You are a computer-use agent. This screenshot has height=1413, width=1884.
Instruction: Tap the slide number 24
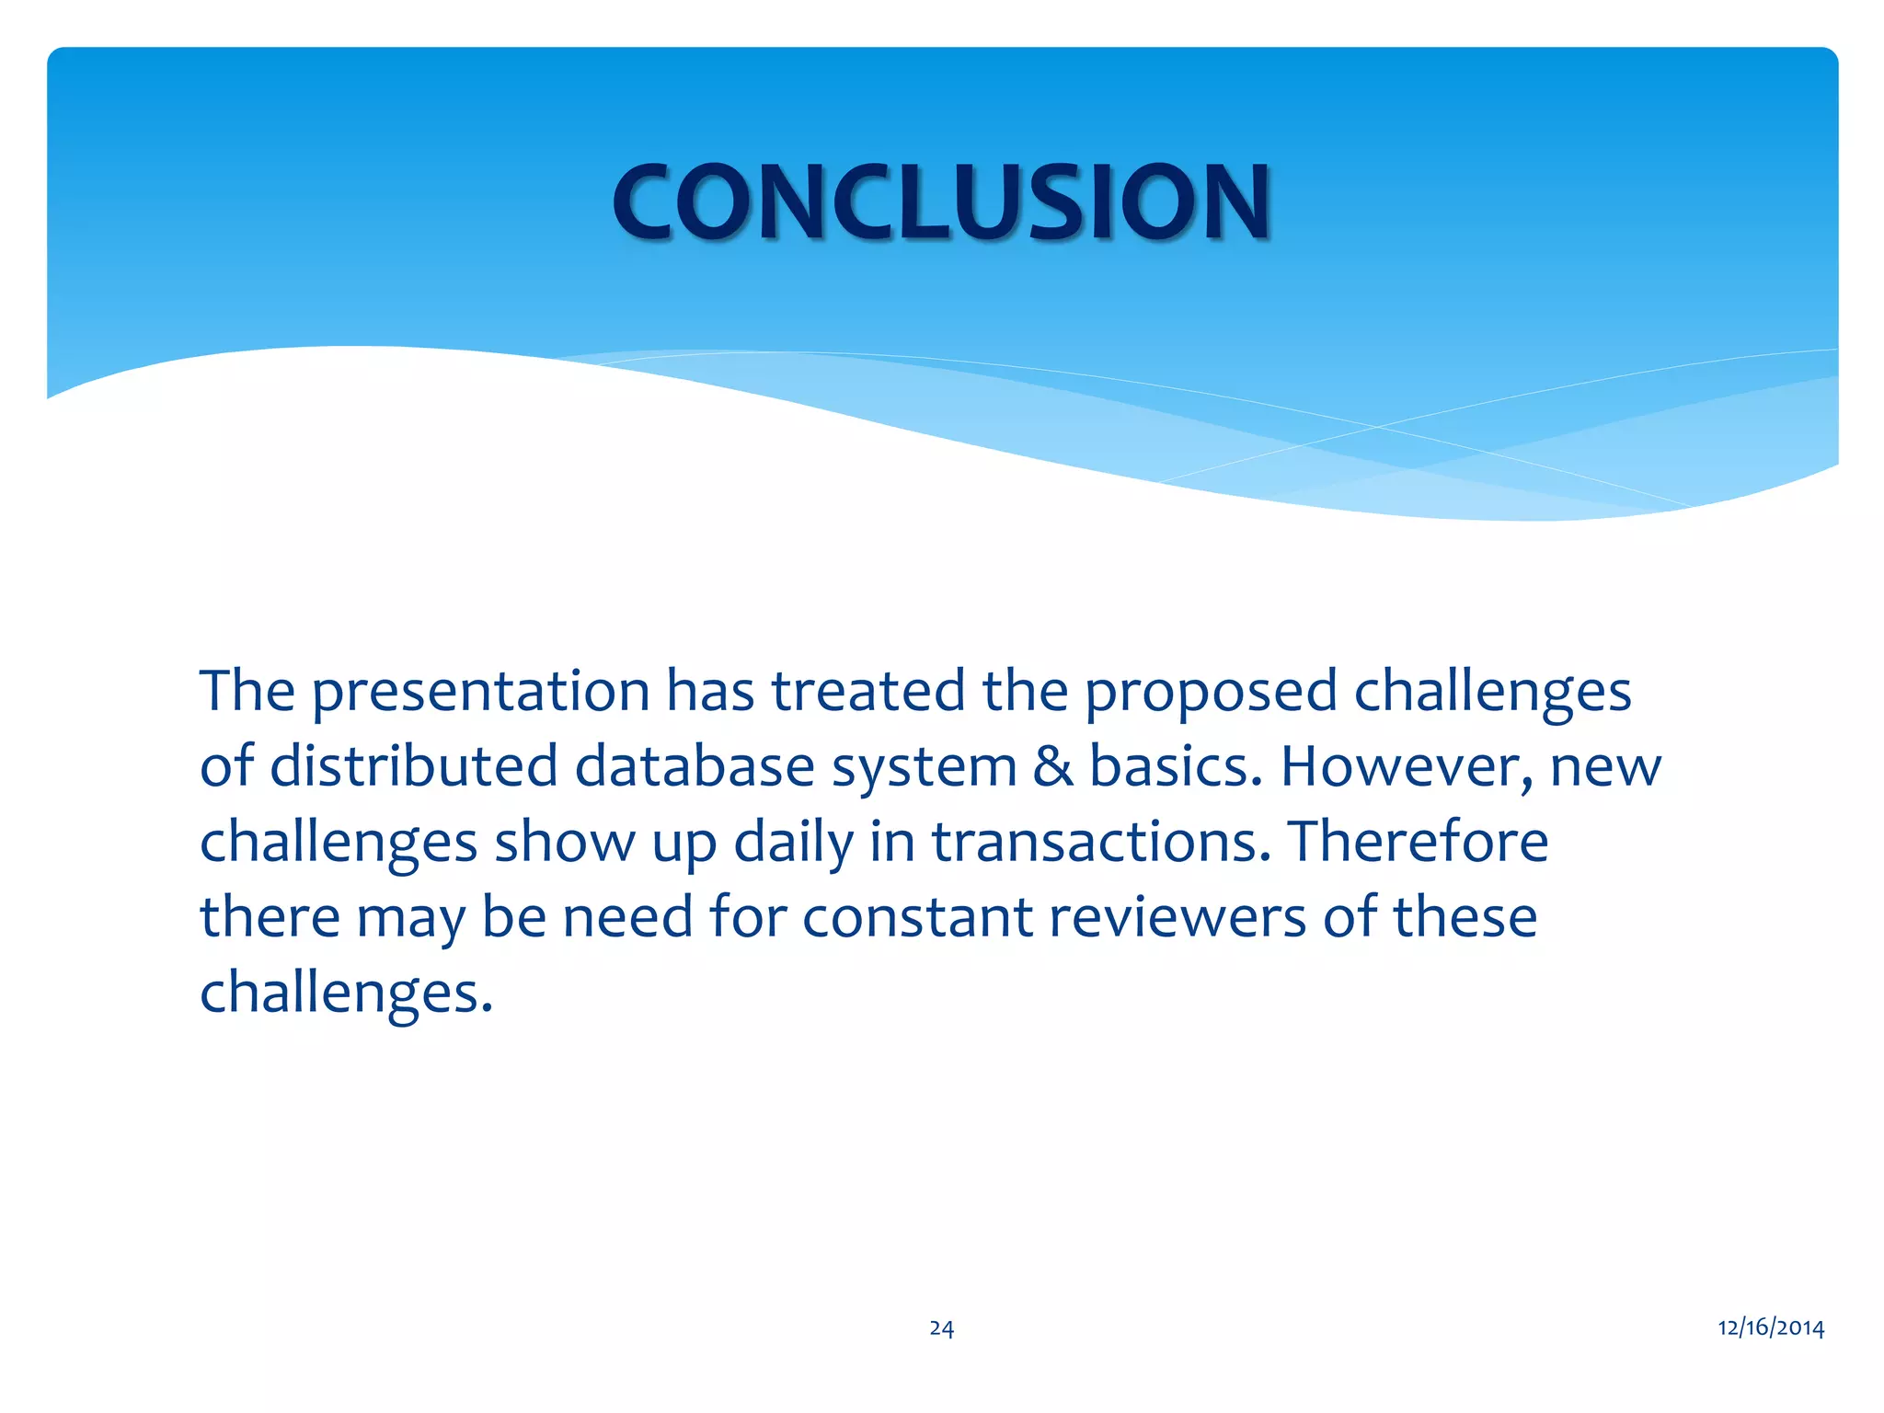click(941, 1327)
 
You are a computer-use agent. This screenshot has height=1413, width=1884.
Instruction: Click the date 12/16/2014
click(1771, 1327)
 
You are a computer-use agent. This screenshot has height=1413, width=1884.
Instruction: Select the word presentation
click(480, 692)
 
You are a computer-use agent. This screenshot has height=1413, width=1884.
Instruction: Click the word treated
click(868, 692)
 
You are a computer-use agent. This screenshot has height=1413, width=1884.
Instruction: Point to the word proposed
click(1211, 692)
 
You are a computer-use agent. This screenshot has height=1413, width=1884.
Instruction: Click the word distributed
click(414, 766)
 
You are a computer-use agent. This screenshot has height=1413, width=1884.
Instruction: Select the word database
click(695, 766)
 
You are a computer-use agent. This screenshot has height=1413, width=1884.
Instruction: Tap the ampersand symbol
click(1053, 766)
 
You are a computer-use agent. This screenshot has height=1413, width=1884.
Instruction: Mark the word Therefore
click(1418, 843)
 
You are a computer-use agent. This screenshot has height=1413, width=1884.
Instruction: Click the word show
click(564, 843)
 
